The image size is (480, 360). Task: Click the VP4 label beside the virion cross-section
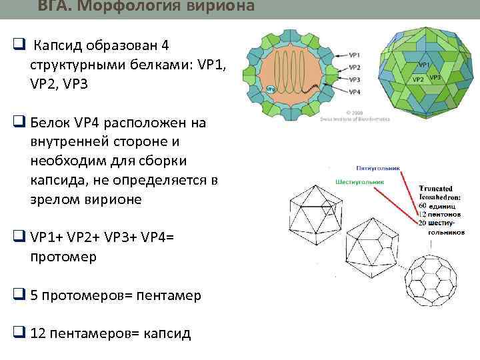(x=355, y=91)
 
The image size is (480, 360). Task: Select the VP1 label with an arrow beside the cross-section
(x=355, y=55)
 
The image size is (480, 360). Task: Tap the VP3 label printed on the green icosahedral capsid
(x=435, y=77)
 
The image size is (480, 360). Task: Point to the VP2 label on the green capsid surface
(x=418, y=79)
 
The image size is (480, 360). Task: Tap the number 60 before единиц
(x=422, y=206)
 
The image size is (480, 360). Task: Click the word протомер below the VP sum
(x=63, y=256)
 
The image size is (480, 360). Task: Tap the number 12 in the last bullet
(x=38, y=333)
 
